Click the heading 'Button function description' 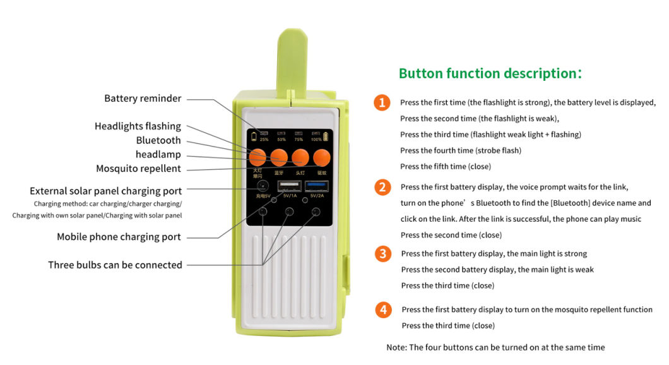point(490,73)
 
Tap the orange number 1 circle point(382,102)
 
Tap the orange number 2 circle point(382,187)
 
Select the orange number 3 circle point(382,254)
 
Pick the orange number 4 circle point(382,309)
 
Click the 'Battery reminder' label point(143,99)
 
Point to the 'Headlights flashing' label point(138,126)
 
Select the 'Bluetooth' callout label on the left point(158,140)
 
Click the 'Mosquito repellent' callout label point(138,169)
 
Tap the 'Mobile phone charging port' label point(119,237)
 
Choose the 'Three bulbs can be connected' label point(115,265)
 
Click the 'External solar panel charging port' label point(105,191)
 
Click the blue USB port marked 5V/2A point(316,186)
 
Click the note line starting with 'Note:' point(495,347)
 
